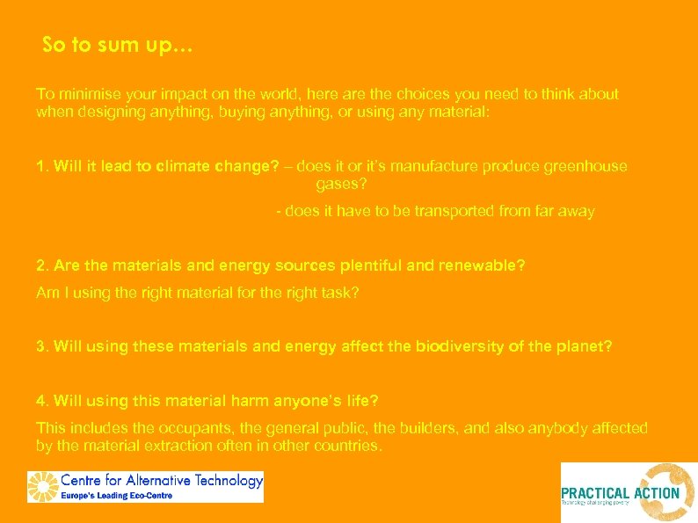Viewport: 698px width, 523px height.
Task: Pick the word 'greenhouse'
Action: coord(581,166)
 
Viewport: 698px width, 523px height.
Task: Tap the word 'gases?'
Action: coord(341,185)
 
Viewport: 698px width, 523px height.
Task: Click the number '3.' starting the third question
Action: coord(42,346)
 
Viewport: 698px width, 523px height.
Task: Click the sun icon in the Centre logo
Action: coord(44,486)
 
